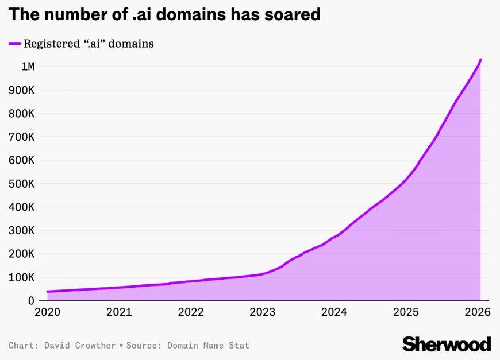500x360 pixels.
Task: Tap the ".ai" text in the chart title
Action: click(143, 14)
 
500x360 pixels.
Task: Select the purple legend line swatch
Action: click(14, 44)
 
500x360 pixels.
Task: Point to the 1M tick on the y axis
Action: click(28, 67)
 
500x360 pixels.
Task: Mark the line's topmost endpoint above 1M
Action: click(480, 60)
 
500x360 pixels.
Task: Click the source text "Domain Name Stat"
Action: click(208, 346)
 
